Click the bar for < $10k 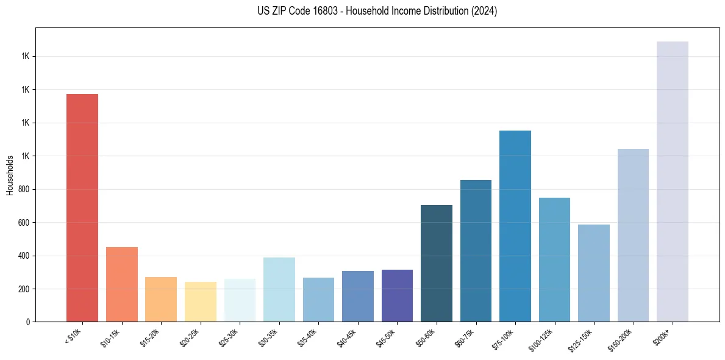coord(82,207)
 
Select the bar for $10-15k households coord(121,284)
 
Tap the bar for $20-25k coord(200,302)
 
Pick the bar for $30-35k coord(279,290)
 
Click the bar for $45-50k coord(397,296)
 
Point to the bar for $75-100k coord(515,226)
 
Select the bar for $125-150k coord(594,273)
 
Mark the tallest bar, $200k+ coord(673,182)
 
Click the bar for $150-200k coord(633,236)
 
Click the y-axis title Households coord(10,175)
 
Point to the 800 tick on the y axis coord(25,189)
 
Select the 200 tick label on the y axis coord(25,289)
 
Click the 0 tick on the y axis coord(29,322)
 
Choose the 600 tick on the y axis coord(25,223)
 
